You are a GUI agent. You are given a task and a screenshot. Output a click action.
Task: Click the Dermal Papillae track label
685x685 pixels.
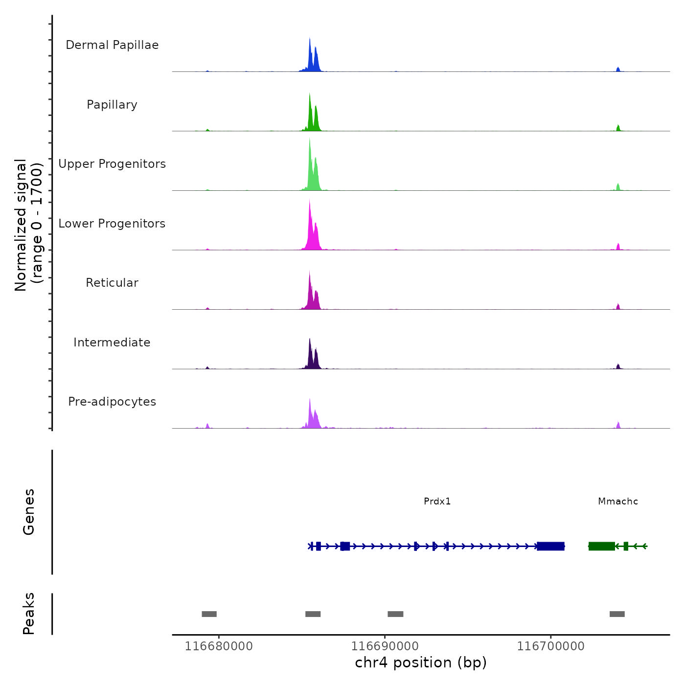click(x=112, y=45)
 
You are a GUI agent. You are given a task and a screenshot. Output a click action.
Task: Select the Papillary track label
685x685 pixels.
click(x=112, y=105)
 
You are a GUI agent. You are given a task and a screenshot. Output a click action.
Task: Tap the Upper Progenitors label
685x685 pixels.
click(x=112, y=164)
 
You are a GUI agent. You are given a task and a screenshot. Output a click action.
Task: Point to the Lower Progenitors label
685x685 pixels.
click(x=112, y=224)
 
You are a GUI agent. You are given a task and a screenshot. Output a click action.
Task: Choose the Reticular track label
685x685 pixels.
click(x=112, y=283)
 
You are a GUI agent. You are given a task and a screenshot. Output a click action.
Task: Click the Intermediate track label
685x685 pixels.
click(x=112, y=342)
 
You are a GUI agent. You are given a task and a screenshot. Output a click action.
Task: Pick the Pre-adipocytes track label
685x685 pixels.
click(x=112, y=402)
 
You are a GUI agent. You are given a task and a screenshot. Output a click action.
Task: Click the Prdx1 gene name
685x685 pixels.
click(x=437, y=502)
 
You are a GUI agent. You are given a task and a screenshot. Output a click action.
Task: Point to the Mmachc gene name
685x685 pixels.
click(x=618, y=502)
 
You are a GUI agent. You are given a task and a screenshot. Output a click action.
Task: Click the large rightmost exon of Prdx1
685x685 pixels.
click(x=550, y=546)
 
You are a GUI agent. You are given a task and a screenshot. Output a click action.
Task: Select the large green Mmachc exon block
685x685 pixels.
click(x=601, y=546)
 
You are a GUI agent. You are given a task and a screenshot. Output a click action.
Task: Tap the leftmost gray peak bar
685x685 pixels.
click(x=209, y=614)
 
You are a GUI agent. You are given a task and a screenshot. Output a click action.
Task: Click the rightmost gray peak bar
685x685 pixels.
click(x=617, y=614)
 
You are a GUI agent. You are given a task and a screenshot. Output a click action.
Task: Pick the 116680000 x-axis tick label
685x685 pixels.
click(x=219, y=646)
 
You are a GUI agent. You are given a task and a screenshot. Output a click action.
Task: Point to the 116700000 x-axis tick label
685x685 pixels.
click(x=550, y=646)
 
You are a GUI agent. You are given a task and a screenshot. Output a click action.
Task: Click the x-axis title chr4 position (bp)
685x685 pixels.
click(x=421, y=662)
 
